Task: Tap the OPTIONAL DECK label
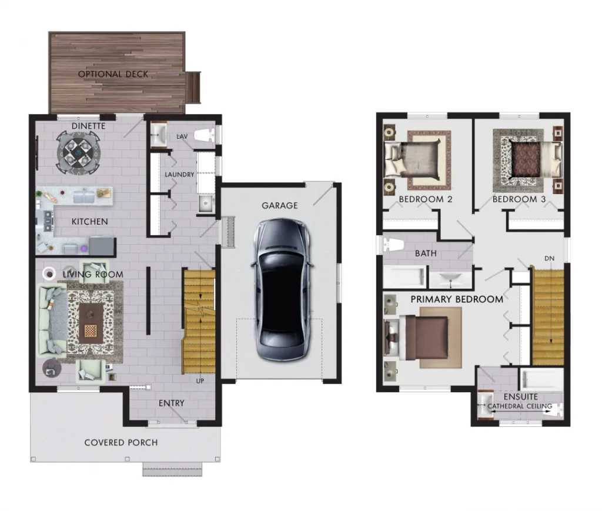pos(113,74)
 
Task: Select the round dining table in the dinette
pos(78,153)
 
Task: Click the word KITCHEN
pos(89,222)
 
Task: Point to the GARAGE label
pos(279,205)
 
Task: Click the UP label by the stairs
pos(200,381)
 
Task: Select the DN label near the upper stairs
pos(550,258)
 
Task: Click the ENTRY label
pos(171,403)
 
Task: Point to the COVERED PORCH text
pos(121,443)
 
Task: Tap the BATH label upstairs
pos(426,253)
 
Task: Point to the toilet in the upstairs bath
pos(392,245)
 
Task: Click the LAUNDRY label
pos(179,174)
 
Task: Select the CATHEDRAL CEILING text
pos(520,406)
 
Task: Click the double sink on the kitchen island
pos(83,196)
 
